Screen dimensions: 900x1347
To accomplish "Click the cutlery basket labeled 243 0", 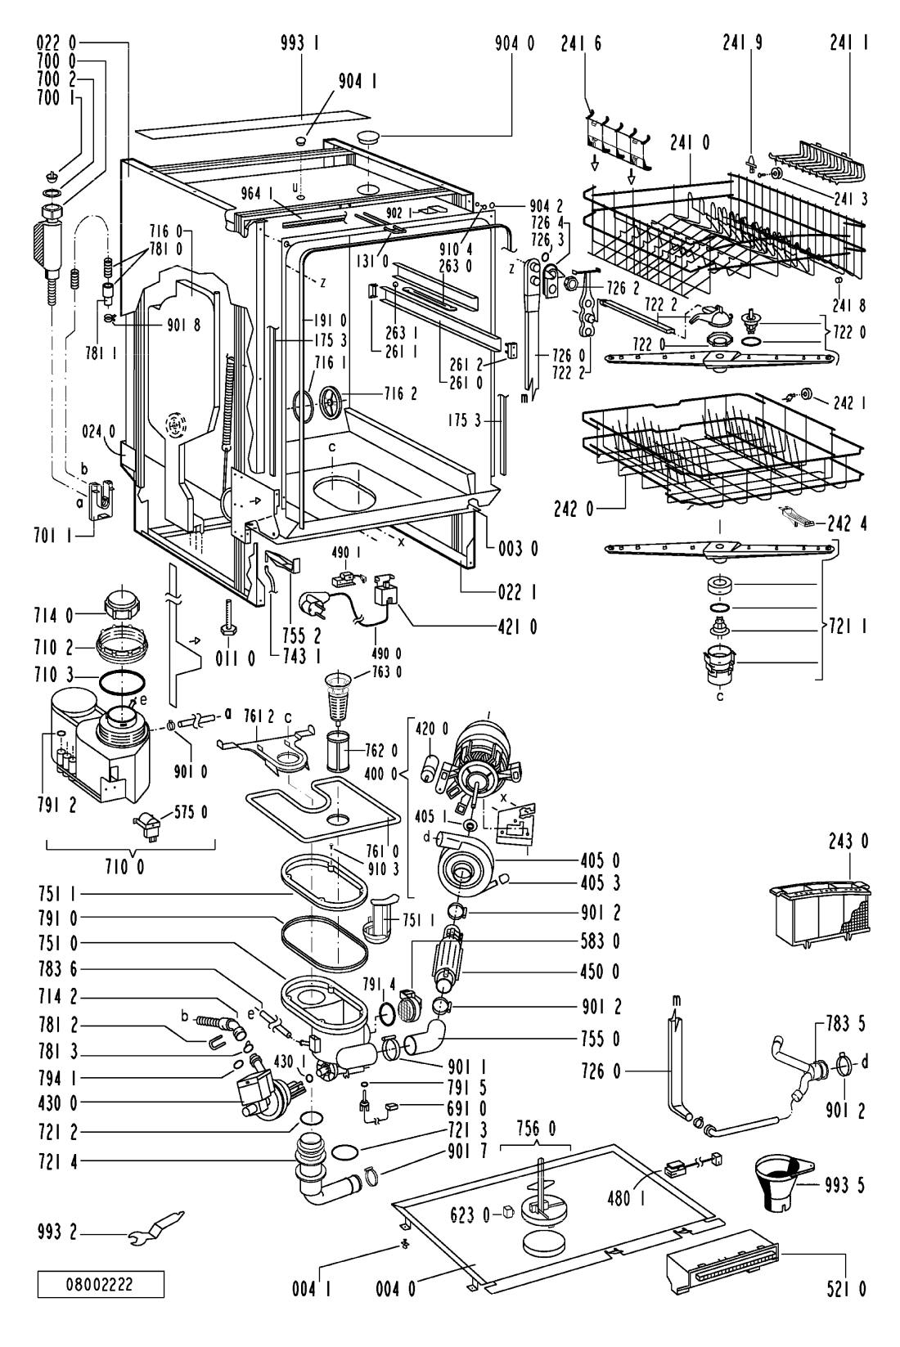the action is pyautogui.click(x=821, y=912).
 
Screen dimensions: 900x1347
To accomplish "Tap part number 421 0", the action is pyautogui.click(x=517, y=627).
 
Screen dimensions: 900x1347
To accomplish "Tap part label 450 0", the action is pyautogui.click(x=601, y=971).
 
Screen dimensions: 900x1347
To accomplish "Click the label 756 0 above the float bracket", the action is pyautogui.click(x=535, y=1129).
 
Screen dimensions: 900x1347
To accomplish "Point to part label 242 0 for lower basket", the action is pyautogui.click(x=574, y=510).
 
